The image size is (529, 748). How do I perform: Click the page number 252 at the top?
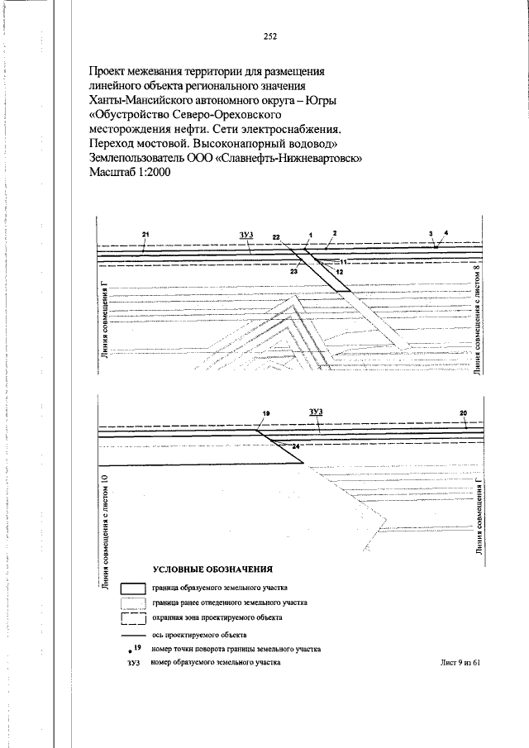[270, 36]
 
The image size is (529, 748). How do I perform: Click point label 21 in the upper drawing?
[145, 234]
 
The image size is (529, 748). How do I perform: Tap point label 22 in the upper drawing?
[277, 236]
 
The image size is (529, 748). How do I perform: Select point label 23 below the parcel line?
[293, 271]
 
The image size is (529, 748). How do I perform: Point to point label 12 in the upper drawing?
[340, 271]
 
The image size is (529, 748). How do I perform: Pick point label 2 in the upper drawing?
[335, 233]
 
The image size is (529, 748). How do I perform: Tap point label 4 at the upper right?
[446, 233]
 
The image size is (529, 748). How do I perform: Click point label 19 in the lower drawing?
[266, 413]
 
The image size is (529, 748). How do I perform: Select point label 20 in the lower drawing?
[463, 413]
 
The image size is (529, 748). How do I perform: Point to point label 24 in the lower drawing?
[295, 446]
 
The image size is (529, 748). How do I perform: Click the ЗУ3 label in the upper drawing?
[245, 235]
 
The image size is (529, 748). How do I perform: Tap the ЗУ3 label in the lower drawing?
[315, 412]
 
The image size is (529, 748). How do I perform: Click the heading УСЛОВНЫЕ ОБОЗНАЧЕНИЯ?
[212, 569]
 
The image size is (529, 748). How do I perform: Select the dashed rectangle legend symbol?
[132, 619]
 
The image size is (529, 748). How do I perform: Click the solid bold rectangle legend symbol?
[132, 589]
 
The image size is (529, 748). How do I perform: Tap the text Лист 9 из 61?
[460, 662]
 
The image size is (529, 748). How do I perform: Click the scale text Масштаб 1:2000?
[130, 172]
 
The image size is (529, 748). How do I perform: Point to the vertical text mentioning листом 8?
[478, 319]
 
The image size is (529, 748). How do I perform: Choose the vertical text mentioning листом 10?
[105, 533]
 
